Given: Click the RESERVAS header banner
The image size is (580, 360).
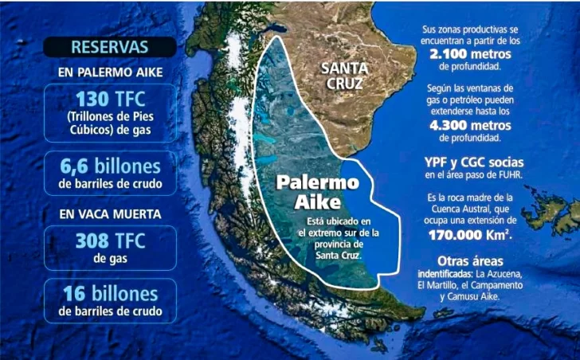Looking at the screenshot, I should [110, 46].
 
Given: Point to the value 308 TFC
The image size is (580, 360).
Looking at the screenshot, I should [110, 240].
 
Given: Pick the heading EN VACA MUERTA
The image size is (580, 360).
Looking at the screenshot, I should [110, 213].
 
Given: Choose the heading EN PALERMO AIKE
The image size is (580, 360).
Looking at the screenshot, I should [110, 73].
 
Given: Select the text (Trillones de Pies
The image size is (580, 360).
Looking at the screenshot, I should [110, 118].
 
